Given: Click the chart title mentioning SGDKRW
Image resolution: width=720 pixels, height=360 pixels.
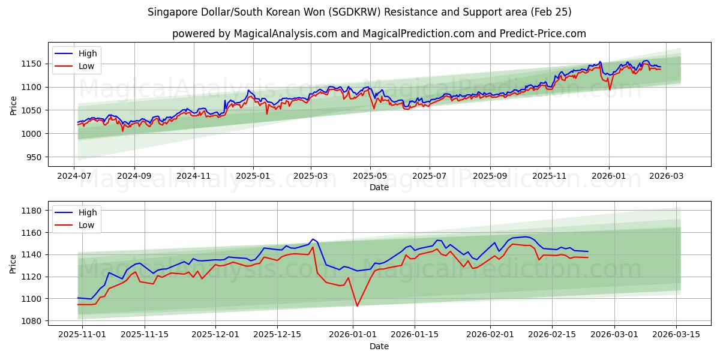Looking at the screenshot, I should pos(359,12).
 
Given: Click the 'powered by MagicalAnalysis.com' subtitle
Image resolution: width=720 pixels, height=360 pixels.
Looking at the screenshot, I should pos(379,34).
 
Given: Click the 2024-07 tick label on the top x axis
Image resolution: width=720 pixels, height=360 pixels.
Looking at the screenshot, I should pos(74,176).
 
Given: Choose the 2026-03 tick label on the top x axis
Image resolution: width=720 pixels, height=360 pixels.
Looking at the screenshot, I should pos(667,176).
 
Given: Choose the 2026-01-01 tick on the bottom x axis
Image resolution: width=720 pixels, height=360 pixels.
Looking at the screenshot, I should pos(353,335).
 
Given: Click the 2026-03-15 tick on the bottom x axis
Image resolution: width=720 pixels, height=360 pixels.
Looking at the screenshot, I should pos(677,335).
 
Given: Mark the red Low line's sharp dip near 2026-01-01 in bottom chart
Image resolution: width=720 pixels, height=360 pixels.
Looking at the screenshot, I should pos(358,306).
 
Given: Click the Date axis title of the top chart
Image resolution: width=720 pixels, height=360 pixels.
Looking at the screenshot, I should pos(379,187).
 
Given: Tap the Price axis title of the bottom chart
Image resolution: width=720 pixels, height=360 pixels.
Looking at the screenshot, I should pos(13,263).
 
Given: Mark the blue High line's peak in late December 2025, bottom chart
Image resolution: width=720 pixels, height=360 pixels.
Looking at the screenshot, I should pos(313,239).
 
